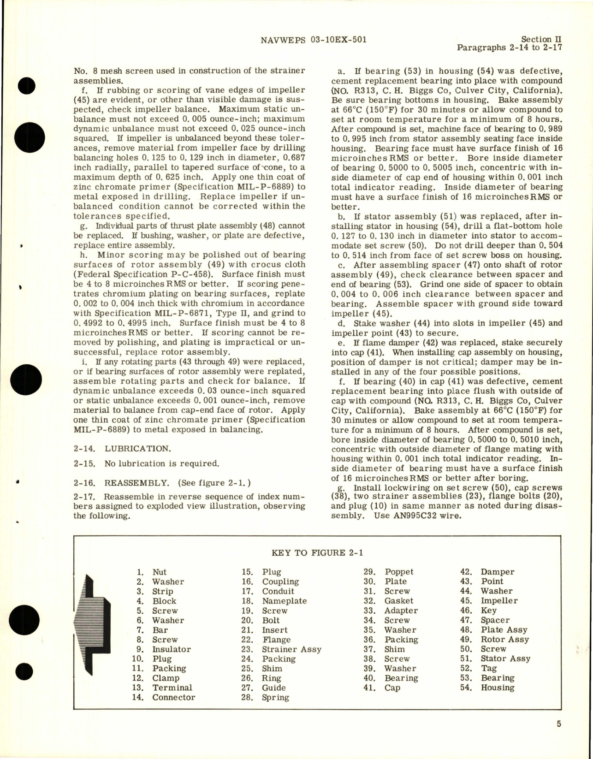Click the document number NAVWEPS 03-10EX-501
310,40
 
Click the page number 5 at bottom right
558,724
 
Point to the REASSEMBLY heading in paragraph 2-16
133,483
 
